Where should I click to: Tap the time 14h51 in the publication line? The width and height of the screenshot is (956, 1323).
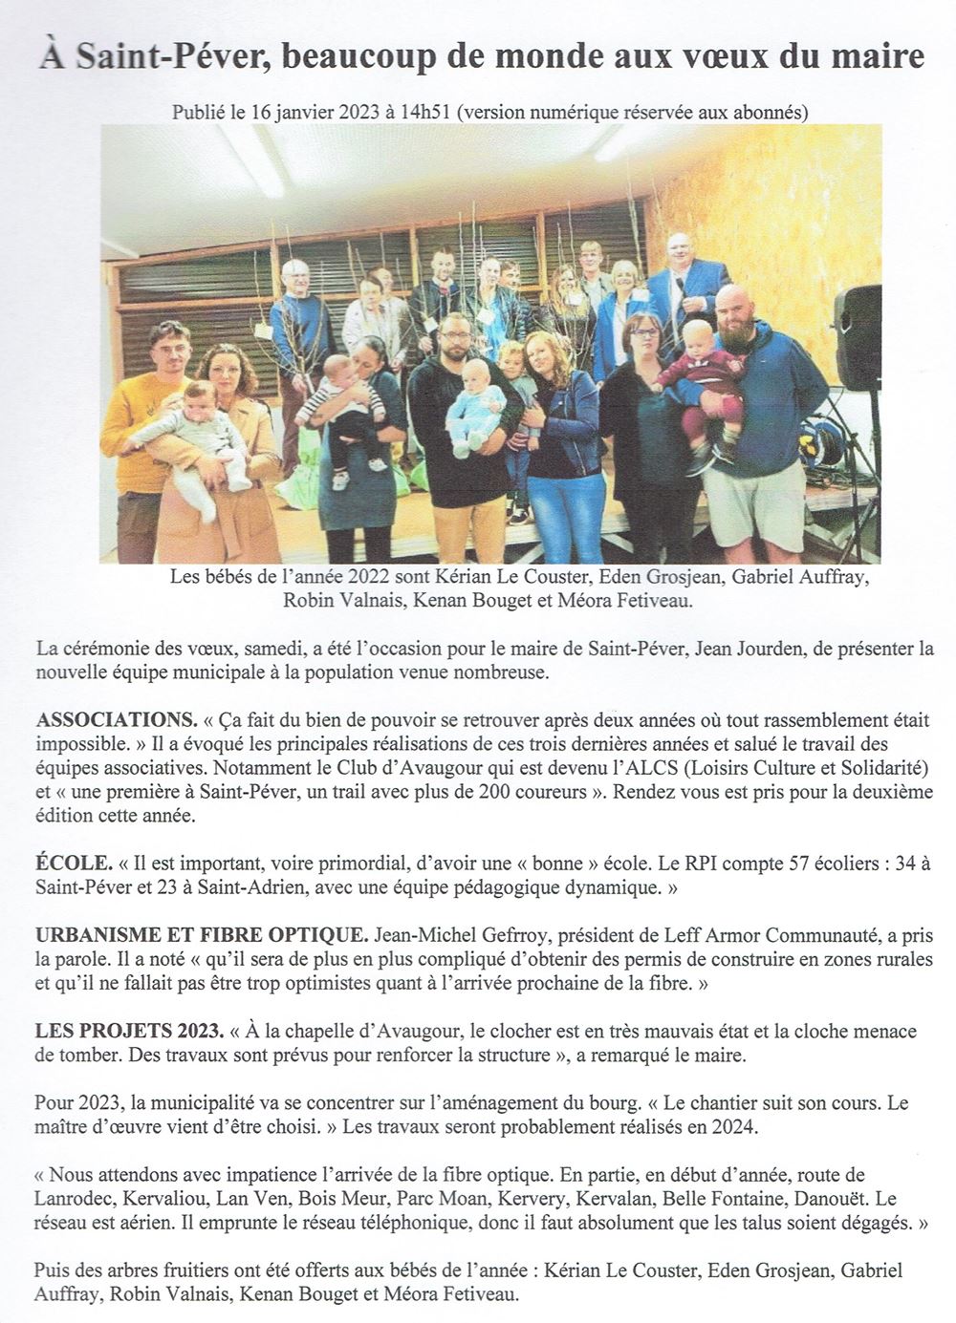[428, 111]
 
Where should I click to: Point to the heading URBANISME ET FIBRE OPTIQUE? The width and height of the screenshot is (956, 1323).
[201, 933]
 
